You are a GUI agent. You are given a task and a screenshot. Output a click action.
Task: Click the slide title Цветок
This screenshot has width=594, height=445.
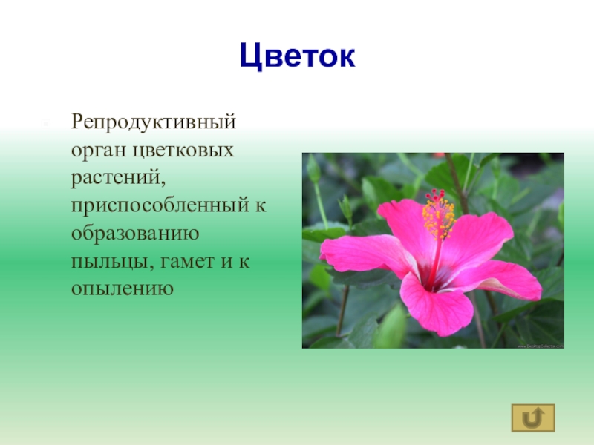click(x=297, y=56)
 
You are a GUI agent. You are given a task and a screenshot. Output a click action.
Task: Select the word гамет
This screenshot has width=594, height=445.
click(x=180, y=260)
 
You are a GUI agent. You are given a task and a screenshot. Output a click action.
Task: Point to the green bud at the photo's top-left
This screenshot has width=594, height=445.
click(x=314, y=169)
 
